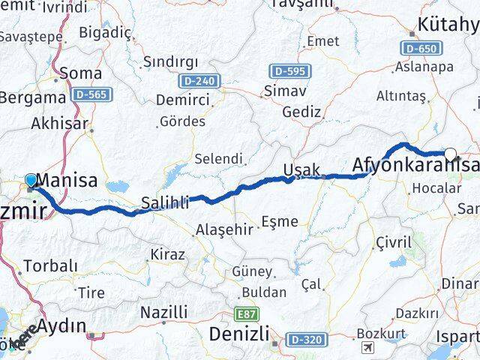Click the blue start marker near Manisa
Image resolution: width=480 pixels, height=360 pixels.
point(31,180)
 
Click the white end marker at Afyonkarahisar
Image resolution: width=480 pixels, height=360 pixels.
point(450,154)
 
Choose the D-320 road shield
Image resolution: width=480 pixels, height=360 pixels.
point(307,340)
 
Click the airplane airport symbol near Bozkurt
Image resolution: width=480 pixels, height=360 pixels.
point(367,347)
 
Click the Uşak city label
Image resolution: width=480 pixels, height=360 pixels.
point(302,169)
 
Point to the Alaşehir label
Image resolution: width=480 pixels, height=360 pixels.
point(223,229)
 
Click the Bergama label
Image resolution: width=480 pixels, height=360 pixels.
point(33,97)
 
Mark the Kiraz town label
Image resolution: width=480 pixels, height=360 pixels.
point(167,254)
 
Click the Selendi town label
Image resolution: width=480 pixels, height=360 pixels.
point(218,159)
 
